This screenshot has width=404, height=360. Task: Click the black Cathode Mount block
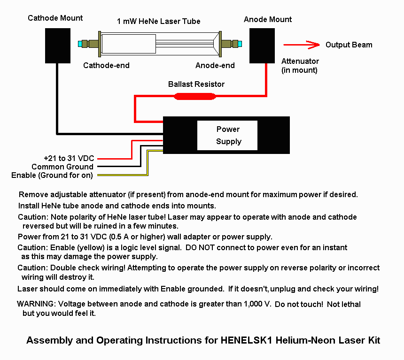point(58,46)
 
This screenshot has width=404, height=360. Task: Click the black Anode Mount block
point(262,46)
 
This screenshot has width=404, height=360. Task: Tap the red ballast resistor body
point(195,96)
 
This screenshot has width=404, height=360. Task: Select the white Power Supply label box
point(227,135)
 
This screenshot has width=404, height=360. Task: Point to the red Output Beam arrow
point(302,45)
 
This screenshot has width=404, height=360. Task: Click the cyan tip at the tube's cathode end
point(80,44)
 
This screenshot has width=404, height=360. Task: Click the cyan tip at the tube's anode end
point(240,44)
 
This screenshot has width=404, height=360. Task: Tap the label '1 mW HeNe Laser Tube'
point(158,21)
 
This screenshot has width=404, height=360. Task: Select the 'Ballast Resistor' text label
point(196,84)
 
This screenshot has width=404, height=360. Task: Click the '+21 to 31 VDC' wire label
point(69,158)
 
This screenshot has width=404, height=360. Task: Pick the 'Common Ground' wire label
point(62,167)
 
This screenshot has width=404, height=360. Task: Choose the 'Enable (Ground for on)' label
point(52,176)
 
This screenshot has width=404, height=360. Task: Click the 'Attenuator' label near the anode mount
point(300,61)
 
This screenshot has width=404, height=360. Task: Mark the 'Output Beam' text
point(349,45)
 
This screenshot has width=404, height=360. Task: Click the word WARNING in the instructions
point(36,304)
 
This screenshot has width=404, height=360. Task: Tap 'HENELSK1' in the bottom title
point(246,340)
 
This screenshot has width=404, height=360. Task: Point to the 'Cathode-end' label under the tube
point(106,65)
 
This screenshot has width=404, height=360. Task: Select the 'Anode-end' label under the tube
point(215,65)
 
